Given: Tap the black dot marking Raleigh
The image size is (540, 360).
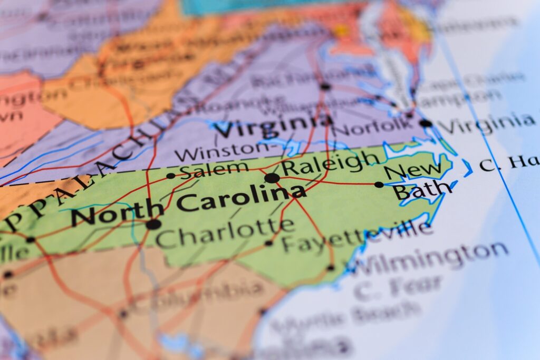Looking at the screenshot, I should [x=272, y=178].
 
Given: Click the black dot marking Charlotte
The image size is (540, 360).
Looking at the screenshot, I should [x=153, y=224].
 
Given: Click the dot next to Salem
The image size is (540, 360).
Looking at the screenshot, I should [x=170, y=176].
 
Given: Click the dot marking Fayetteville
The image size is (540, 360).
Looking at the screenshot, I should [x=269, y=243].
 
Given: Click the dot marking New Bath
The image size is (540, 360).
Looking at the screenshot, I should [x=379, y=184].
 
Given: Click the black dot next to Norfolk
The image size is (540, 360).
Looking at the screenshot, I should [x=426, y=123].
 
